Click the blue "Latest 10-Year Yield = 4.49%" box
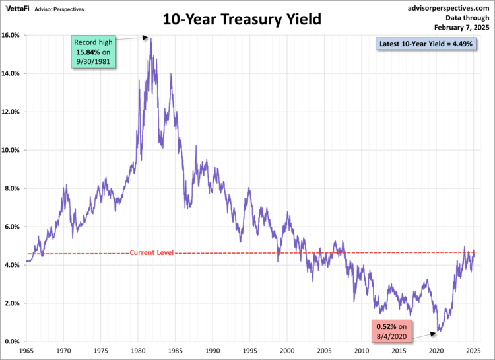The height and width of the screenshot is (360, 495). pyautogui.click(x=426, y=44)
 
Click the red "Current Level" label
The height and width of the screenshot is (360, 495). pyautogui.click(x=151, y=252)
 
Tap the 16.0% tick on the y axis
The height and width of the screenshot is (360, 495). pyautogui.click(x=13, y=35)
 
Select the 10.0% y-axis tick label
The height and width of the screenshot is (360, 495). pyautogui.click(x=13, y=150)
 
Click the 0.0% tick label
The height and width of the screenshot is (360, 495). pyautogui.click(x=13, y=342)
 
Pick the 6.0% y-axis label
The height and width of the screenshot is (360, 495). pyautogui.click(x=13, y=227)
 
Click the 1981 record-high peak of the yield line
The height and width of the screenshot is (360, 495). pyautogui.click(x=151, y=38)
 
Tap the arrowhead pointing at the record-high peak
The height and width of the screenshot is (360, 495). pyautogui.click(x=146, y=38)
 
